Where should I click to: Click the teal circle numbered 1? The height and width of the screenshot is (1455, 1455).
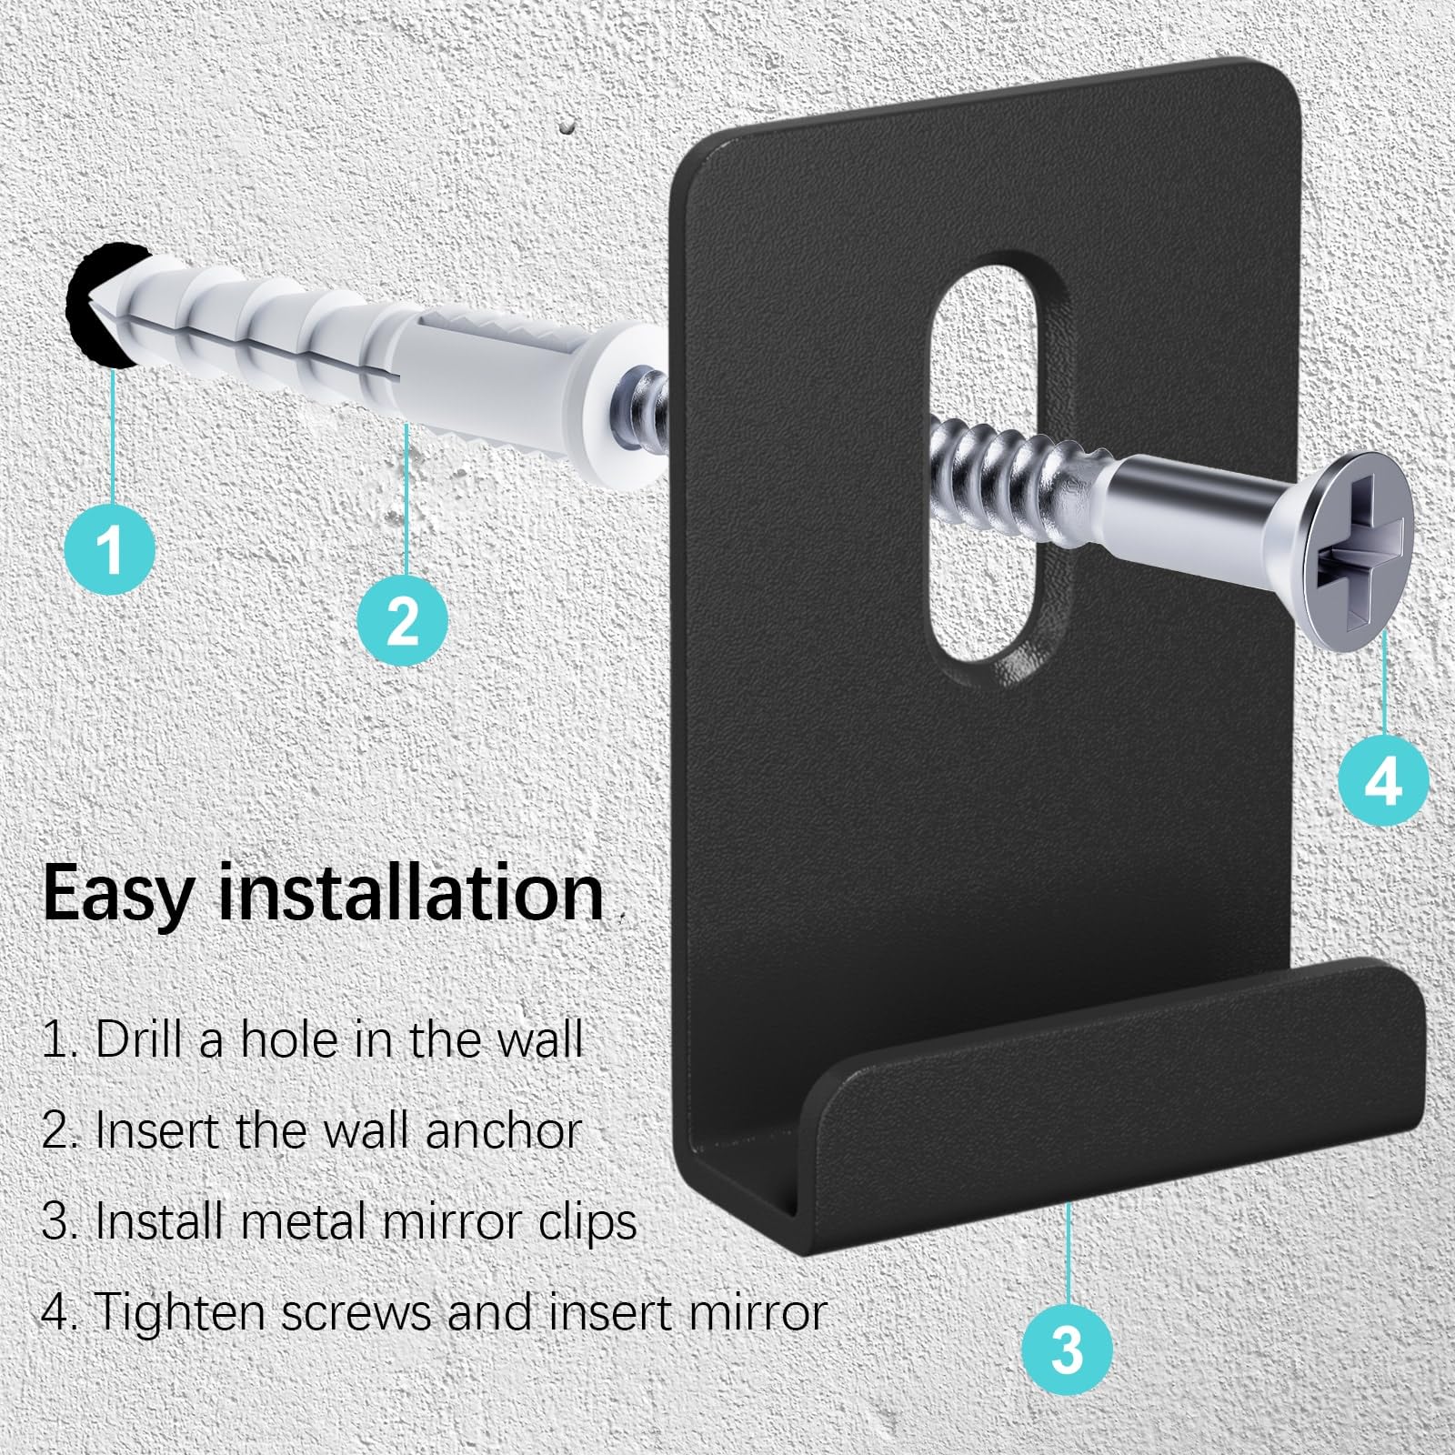(110, 548)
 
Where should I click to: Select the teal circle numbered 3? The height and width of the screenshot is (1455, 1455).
(1067, 1347)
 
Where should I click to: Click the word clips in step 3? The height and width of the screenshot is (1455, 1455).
(586, 1220)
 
